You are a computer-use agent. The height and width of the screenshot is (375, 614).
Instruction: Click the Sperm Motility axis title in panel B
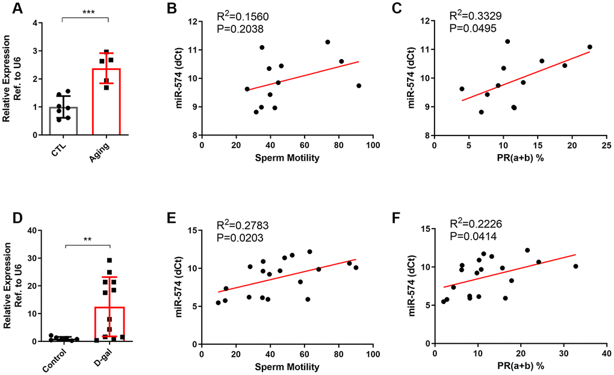pyautogui.click(x=287, y=159)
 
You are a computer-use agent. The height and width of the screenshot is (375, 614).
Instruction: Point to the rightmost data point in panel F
pyautogui.click(x=575, y=266)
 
